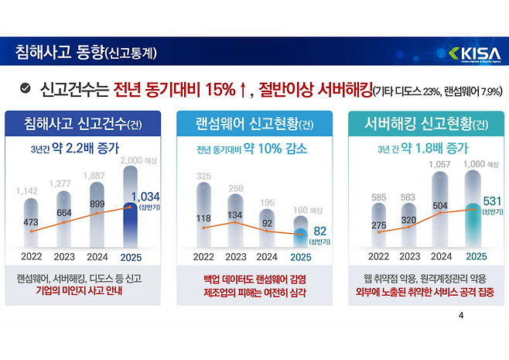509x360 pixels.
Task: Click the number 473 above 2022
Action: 31,222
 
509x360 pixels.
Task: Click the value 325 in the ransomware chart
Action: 203,177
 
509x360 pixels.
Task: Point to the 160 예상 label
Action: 308,209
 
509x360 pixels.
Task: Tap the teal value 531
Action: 492,201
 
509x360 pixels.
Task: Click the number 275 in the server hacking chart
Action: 378,225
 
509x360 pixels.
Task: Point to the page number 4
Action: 461,316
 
